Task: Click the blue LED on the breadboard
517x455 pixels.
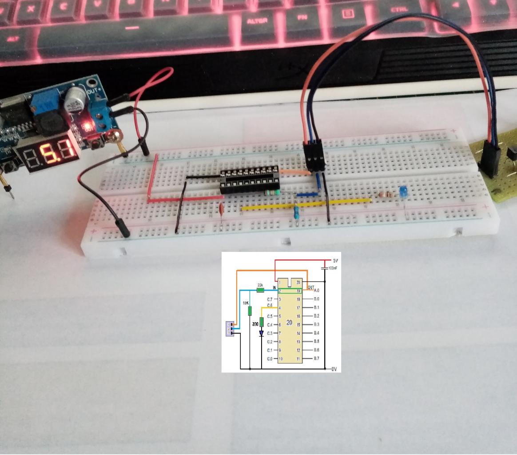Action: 403,192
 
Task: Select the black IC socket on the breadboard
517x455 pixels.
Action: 249,180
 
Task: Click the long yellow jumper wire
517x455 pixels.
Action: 306,204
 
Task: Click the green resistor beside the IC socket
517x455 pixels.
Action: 271,192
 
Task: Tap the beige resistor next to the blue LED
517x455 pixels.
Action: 384,195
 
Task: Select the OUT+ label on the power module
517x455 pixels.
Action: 94,91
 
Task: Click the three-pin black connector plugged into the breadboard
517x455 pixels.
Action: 314,156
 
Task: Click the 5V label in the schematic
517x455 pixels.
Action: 335,260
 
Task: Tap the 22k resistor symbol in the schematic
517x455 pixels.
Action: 261,290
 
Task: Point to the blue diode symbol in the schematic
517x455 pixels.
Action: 261,333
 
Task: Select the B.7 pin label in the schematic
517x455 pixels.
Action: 316,359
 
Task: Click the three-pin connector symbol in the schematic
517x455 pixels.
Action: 230,329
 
